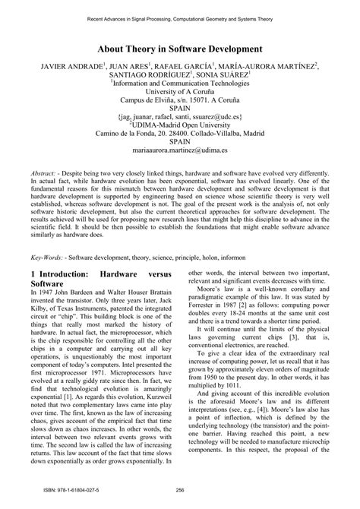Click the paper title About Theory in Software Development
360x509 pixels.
(x=179, y=47)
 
